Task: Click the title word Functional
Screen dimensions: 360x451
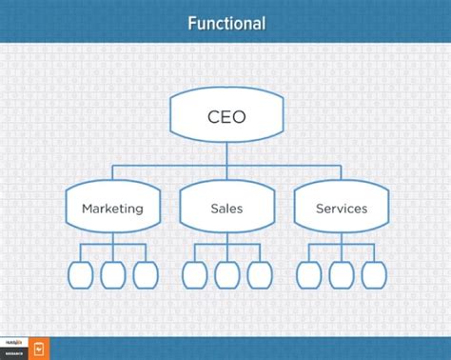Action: tap(225, 22)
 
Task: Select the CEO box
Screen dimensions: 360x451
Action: tap(226, 118)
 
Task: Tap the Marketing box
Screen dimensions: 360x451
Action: tap(112, 207)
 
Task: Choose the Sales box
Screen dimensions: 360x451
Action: tap(226, 207)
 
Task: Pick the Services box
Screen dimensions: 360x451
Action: tap(341, 207)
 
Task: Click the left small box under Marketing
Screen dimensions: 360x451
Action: tap(81, 274)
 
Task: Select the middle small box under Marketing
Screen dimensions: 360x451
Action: tap(112, 274)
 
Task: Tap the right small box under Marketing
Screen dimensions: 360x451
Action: tap(145, 274)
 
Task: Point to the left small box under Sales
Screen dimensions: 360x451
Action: tap(194, 274)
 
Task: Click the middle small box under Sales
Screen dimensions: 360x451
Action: tap(226, 274)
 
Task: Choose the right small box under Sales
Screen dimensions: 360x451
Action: tap(259, 274)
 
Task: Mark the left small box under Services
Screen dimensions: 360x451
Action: tap(308, 274)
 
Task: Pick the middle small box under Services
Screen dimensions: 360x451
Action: tap(341, 274)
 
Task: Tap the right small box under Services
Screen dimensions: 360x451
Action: tap(373, 274)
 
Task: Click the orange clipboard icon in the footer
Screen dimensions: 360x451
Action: tap(40, 349)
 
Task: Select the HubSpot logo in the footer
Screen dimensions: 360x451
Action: tap(14, 343)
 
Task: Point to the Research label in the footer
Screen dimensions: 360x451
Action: tap(14, 352)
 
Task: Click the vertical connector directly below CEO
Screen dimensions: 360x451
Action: tap(226, 153)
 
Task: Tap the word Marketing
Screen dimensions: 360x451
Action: tap(112, 208)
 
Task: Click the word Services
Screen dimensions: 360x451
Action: tap(341, 208)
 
